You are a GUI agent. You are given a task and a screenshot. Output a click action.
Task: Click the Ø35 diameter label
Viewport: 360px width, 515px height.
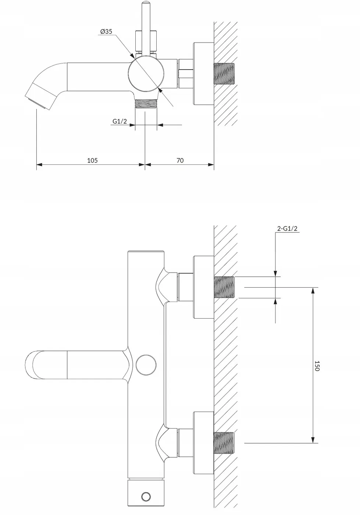(x=106, y=32)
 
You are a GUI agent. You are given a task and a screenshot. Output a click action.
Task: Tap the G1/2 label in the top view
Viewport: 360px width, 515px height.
(x=120, y=121)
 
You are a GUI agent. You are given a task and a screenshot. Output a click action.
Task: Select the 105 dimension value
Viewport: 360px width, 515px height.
(x=92, y=160)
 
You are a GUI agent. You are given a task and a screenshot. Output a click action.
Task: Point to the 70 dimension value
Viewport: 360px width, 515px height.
(x=180, y=160)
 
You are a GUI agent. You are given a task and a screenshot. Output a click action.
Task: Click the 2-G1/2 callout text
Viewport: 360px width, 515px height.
(x=287, y=228)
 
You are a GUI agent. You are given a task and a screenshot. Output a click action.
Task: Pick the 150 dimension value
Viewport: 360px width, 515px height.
(x=317, y=366)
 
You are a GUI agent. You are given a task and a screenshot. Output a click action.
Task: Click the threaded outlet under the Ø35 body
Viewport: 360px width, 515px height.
(x=146, y=103)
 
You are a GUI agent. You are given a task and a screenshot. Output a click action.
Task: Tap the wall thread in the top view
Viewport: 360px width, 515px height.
(x=225, y=74)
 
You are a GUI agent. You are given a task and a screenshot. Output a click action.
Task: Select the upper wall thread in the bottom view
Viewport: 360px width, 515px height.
(x=224, y=287)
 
